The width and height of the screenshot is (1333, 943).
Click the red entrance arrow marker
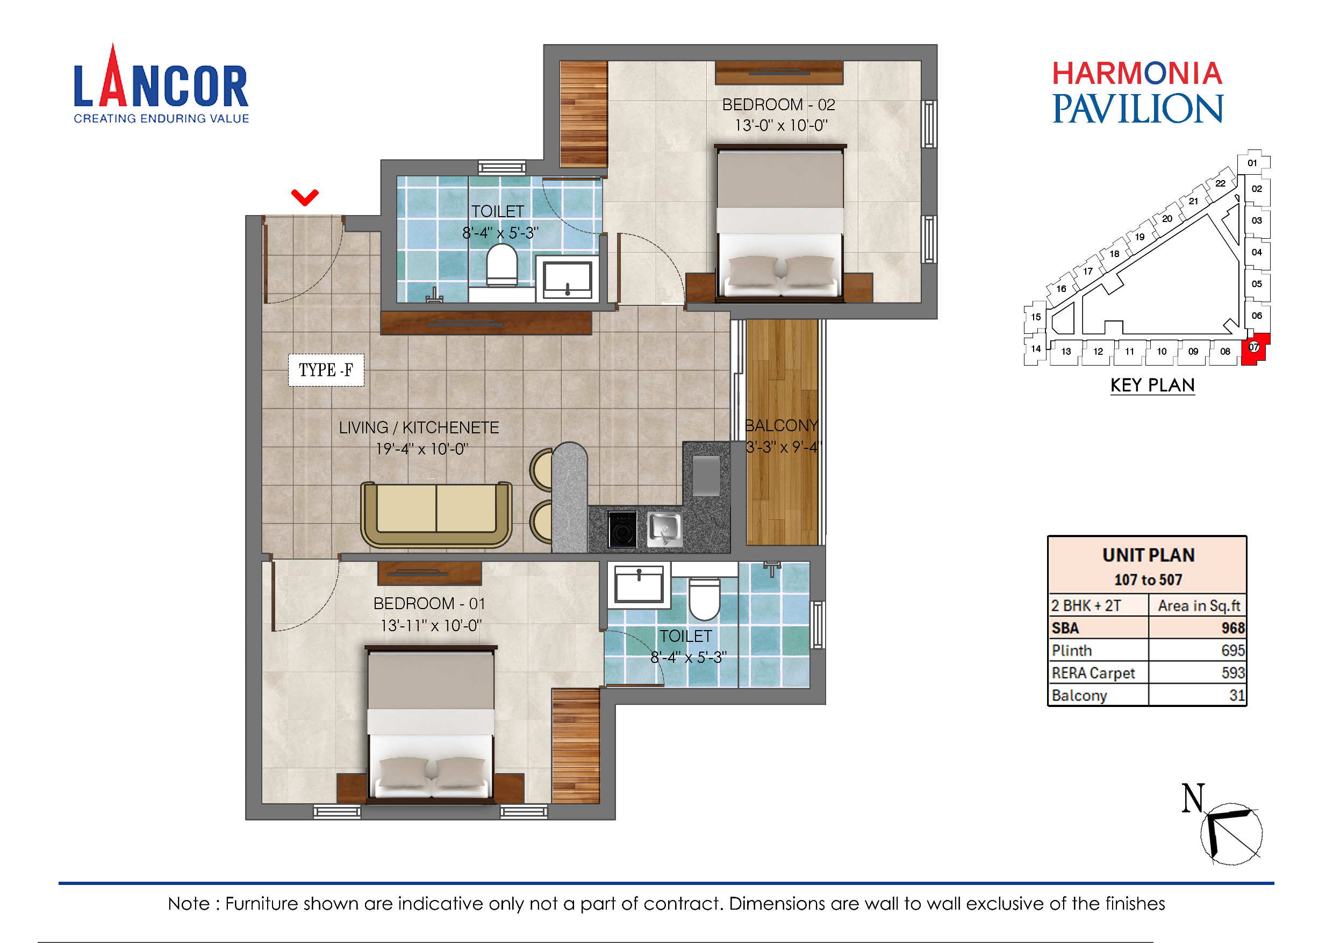pos(305,197)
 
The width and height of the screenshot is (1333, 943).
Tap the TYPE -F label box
pos(326,370)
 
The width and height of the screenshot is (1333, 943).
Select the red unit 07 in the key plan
pos(1255,348)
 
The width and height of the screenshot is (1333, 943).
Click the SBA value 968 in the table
pos(1232,628)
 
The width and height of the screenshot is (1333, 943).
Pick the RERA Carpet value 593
pos(1232,673)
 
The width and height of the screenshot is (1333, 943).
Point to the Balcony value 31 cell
pos(1237,695)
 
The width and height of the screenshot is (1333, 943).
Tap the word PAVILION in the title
pos(1137,109)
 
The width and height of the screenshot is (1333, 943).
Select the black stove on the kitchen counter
pos(622,529)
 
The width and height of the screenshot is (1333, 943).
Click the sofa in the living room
pos(436,514)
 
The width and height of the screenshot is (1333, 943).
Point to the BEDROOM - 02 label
pos(778,105)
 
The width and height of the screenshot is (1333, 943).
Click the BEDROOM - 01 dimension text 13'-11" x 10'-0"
pos(431,625)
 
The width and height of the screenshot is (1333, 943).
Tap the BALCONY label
pos(781,426)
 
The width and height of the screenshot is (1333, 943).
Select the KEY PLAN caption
pos(1152,385)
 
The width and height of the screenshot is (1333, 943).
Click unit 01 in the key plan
pos(1252,163)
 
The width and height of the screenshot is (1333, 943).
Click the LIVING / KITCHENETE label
pos(419,428)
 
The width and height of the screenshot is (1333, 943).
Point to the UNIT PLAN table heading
pos(1148,555)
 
